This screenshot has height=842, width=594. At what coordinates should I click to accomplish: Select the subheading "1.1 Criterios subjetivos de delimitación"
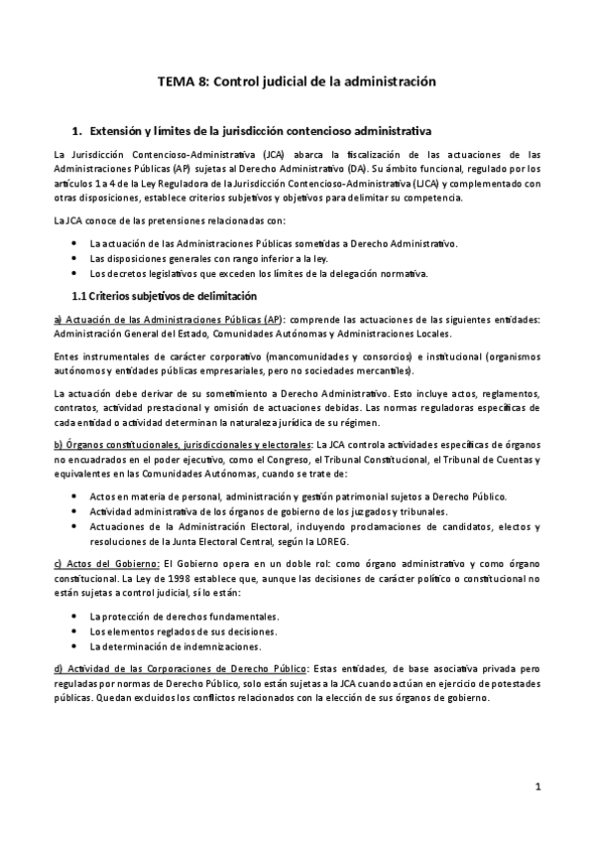point(165,296)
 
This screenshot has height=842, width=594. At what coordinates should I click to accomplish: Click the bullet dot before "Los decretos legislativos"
point(77,273)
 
